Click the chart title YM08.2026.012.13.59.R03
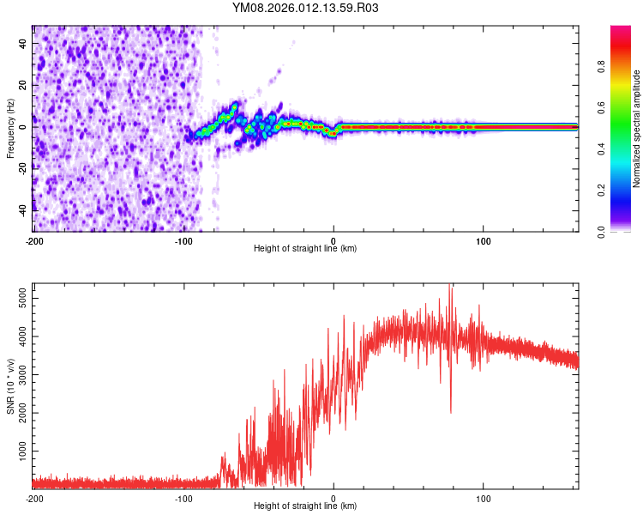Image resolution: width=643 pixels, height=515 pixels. pyautogui.click(x=305, y=9)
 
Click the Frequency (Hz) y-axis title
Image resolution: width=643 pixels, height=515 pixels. pyautogui.click(x=10, y=127)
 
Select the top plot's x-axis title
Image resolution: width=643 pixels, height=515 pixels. pyautogui.click(x=305, y=248)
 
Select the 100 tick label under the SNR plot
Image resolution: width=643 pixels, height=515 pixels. pyautogui.click(x=483, y=498)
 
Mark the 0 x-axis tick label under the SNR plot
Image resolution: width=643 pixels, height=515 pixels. pyautogui.click(x=334, y=498)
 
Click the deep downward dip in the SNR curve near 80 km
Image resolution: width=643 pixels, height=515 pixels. pyautogui.click(x=451, y=411)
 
